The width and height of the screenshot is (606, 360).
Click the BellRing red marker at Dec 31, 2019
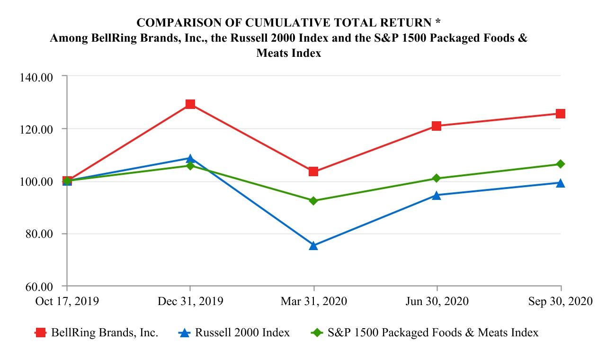coord(190,104)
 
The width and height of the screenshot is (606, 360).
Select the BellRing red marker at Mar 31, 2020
coord(313,171)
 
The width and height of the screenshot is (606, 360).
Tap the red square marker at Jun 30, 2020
coord(437,126)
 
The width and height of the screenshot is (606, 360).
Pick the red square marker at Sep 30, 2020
coord(561,114)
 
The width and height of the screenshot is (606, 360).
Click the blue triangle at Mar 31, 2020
coord(313,245)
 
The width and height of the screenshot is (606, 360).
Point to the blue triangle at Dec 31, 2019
coord(190,158)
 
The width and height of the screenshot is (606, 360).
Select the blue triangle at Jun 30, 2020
coord(437,195)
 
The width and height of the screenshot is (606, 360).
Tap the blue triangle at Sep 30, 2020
coord(561,183)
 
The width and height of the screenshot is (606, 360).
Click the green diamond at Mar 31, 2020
coord(313,201)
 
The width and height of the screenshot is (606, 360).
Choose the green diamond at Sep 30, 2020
coord(561,164)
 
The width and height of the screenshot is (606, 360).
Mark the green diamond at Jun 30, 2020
coord(437,179)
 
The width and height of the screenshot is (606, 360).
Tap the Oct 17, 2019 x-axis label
coord(67,302)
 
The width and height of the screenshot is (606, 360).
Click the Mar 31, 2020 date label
coord(313,302)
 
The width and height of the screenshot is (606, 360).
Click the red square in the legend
coord(41,333)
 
